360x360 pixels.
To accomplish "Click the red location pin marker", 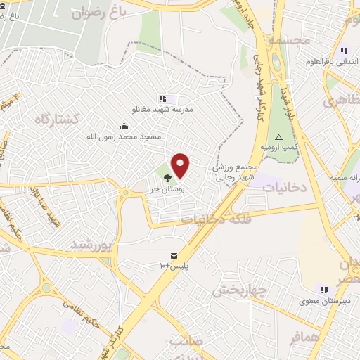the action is (x=181, y=166).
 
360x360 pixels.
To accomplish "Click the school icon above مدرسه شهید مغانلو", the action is (x=162, y=99).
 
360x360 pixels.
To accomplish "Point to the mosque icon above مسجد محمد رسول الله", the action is (x=124, y=126).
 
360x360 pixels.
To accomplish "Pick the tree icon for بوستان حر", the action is (x=167, y=177).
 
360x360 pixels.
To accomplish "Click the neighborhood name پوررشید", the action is (x=91, y=244).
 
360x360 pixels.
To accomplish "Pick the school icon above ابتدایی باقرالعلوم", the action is (x=343, y=51).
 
